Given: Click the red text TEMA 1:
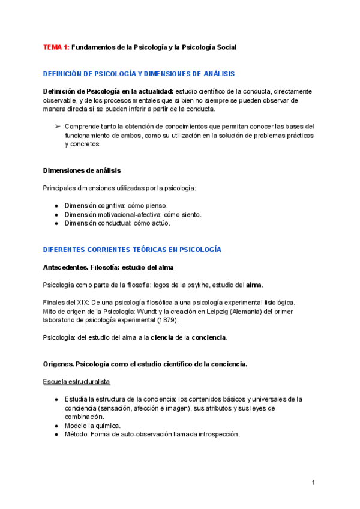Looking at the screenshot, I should point(56,47).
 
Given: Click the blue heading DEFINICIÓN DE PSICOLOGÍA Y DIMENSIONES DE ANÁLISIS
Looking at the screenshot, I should point(139,74).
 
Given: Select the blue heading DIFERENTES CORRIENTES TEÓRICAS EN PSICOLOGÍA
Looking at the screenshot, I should point(132,249).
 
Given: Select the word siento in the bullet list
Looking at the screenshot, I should point(190,214).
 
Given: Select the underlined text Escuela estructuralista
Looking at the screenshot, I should point(76,382).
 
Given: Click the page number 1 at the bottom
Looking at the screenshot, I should point(314,483).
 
